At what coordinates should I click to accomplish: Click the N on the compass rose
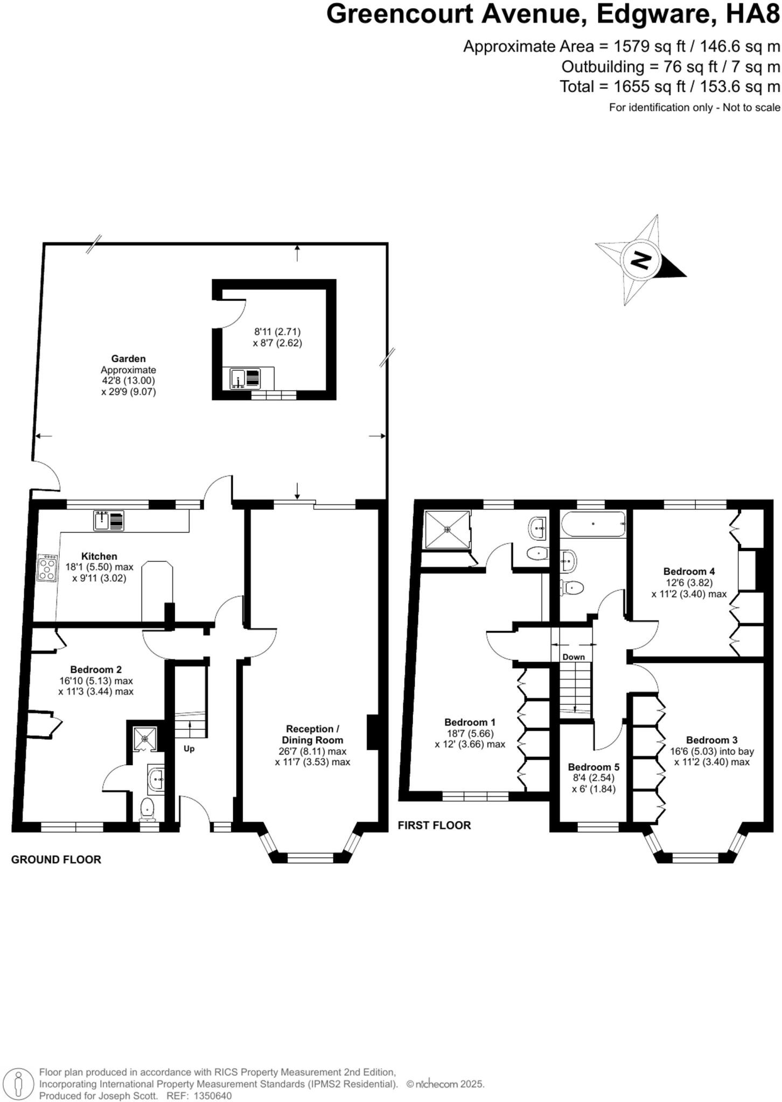pos(640,260)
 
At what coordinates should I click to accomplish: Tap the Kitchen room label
pos(99,556)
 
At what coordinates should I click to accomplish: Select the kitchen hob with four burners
pos(47,568)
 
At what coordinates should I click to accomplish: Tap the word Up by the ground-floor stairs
pos(189,748)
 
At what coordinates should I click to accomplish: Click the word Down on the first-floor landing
pos(574,657)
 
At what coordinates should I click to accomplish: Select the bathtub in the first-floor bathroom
pos(593,524)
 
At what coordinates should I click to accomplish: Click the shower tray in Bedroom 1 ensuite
pos(447,529)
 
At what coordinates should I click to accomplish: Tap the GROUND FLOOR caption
pos(56,860)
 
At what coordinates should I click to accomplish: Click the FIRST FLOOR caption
pos(434,825)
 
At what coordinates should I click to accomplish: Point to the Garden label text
pos(128,358)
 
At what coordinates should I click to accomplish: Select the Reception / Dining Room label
pos(312,734)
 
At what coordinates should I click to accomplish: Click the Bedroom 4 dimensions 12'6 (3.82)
pos(689,583)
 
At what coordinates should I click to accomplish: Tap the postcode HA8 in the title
pos(753,15)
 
